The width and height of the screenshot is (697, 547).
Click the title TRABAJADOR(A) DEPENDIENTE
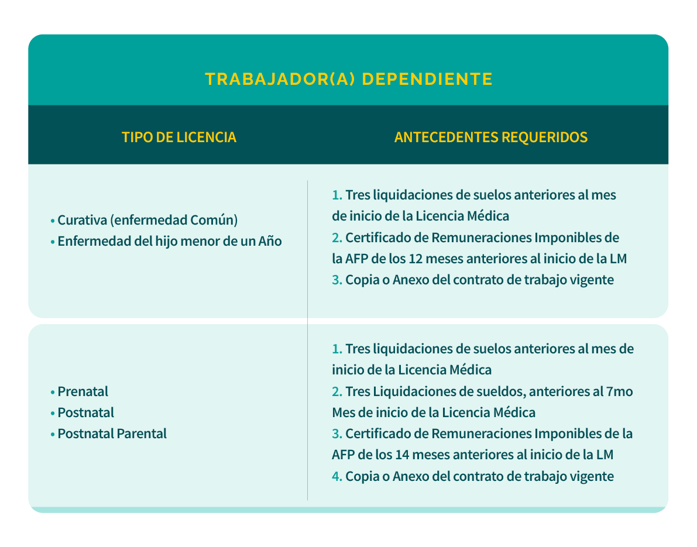point(348,79)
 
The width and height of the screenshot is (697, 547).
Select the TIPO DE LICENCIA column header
point(179,137)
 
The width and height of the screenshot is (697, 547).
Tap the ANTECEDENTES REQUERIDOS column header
point(491,137)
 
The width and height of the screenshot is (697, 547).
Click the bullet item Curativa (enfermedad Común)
point(147,221)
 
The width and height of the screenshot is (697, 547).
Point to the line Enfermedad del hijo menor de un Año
point(170,241)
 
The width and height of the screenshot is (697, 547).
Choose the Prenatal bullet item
point(83,391)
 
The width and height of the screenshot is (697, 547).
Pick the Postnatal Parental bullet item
point(112,434)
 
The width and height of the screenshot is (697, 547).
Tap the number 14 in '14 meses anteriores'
point(402,455)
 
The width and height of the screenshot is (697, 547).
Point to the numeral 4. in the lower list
point(337,476)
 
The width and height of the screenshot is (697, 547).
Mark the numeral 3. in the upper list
point(337,280)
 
